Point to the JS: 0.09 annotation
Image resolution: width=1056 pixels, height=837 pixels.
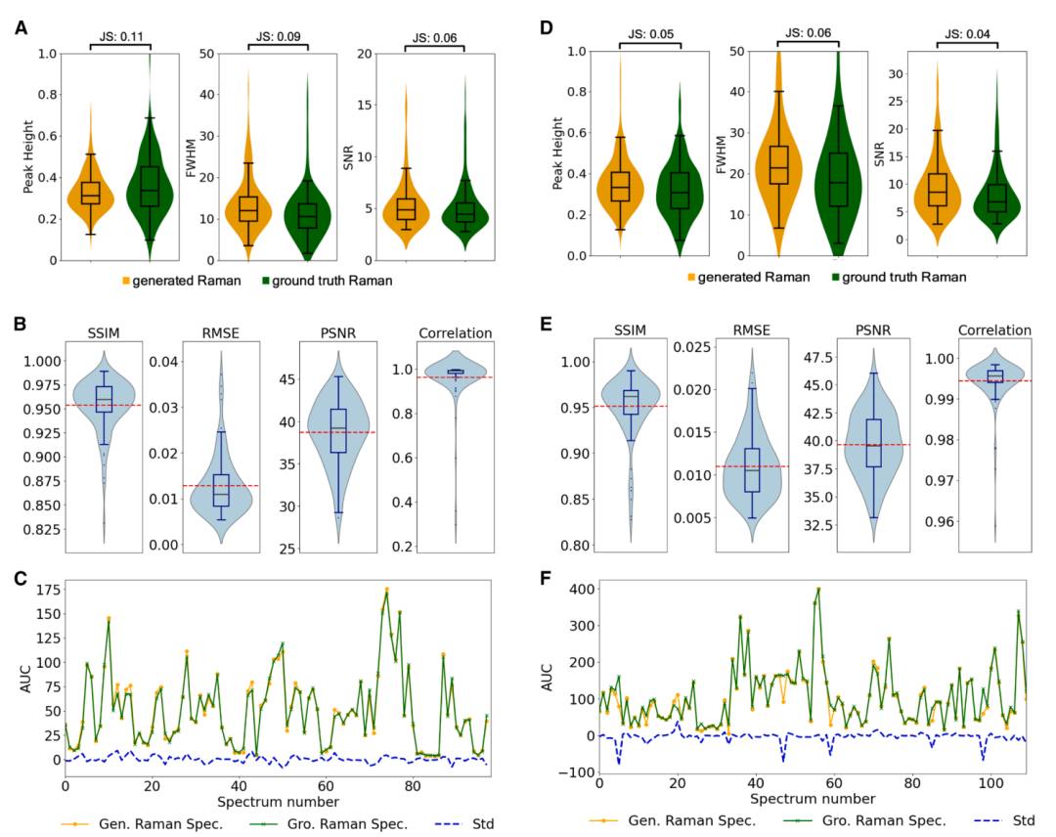(x=278, y=36)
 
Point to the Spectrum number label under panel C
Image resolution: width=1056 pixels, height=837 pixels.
(x=278, y=802)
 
